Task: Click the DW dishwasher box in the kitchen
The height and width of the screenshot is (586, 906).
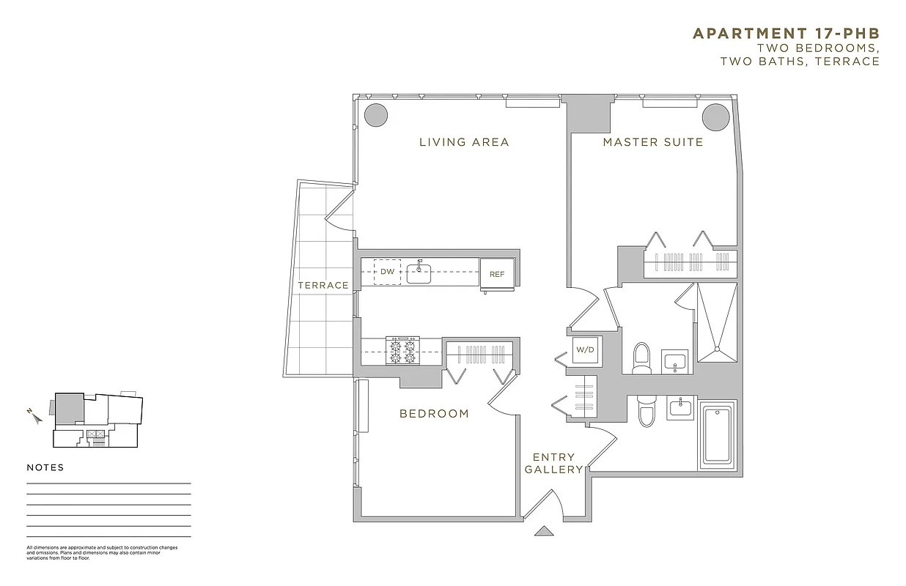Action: point(387,272)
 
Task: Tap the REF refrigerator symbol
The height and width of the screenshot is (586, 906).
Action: point(497,274)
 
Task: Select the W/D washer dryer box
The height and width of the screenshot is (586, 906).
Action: point(585,350)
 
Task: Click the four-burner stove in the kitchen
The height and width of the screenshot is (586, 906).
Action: point(402,351)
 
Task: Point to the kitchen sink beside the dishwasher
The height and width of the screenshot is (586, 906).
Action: point(419,273)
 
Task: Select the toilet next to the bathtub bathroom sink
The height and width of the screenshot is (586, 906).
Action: point(646,411)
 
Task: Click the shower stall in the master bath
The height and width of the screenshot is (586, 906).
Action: point(717,322)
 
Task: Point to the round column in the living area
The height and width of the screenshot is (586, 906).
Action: point(376,114)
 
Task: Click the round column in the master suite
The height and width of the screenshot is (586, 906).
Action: point(714,116)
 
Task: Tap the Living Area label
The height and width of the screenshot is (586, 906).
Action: point(464,142)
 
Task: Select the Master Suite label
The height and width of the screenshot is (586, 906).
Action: point(652,142)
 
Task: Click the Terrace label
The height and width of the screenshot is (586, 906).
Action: point(323,285)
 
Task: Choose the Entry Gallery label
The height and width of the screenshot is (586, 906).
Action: point(553,463)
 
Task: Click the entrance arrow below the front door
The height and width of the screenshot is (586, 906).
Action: point(543,531)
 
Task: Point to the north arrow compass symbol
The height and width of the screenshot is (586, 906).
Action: point(32,415)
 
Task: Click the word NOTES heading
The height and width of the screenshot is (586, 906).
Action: point(45,467)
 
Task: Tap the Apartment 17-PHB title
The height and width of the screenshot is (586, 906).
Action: point(786,34)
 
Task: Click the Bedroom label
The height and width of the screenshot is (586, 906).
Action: point(434,414)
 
